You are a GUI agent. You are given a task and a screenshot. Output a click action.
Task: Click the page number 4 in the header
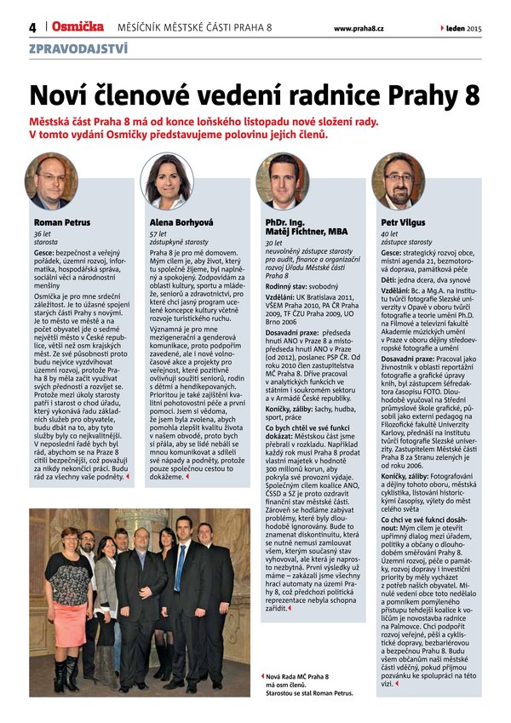(32, 28)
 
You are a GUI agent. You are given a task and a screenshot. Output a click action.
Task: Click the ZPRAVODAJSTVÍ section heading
(78, 49)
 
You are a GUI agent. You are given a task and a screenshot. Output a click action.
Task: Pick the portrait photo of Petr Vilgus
(398, 182)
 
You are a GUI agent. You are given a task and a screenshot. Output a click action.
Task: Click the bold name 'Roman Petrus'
(61, 222)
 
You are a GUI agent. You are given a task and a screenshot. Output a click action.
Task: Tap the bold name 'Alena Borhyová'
(181, 222)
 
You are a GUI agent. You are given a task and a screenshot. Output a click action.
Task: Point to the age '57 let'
(158, 233)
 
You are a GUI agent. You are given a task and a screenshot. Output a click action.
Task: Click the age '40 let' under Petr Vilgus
(389, 233)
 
